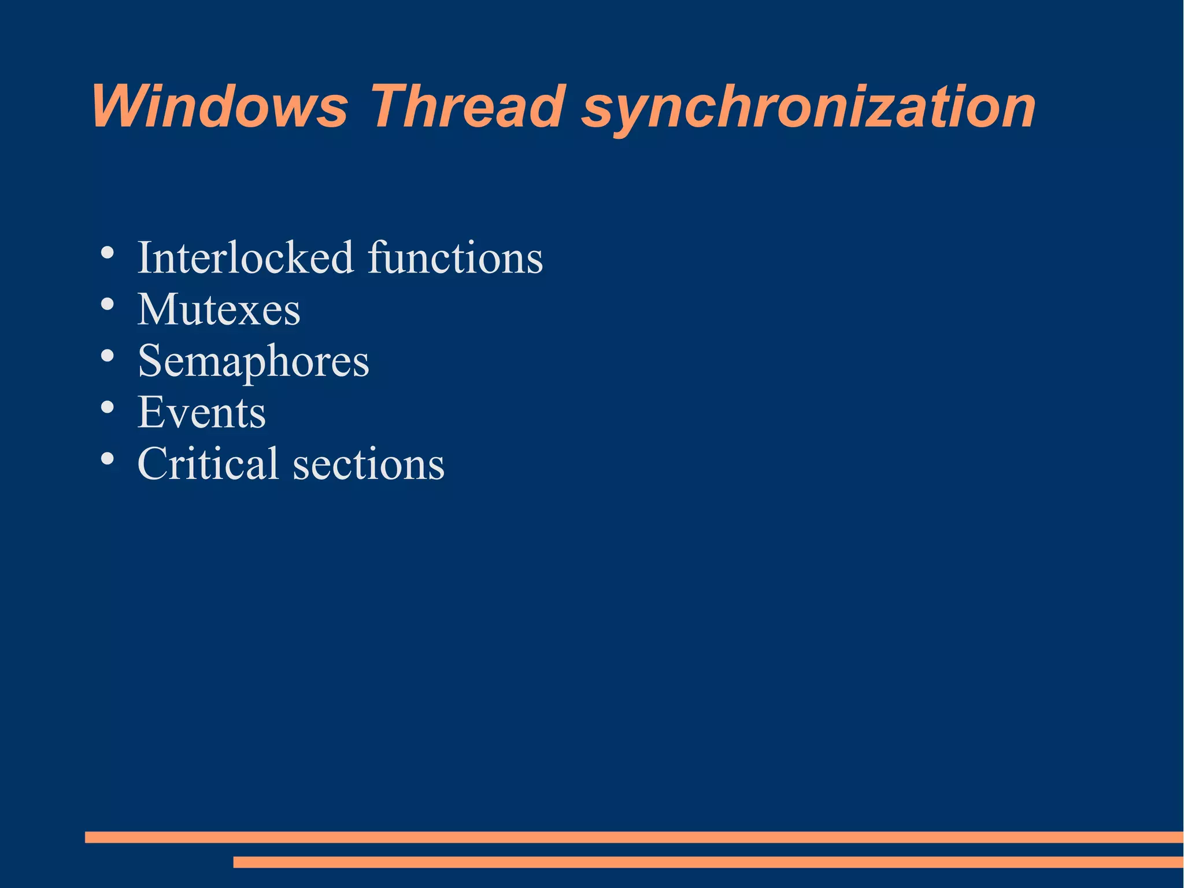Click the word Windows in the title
220,107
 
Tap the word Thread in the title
466,107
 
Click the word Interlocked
245,257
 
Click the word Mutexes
219,309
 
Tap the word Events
201,412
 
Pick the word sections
369,465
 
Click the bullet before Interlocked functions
107,253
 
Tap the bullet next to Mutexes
107,305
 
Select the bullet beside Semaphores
107,356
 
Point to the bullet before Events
107,408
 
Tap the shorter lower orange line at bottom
708,862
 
